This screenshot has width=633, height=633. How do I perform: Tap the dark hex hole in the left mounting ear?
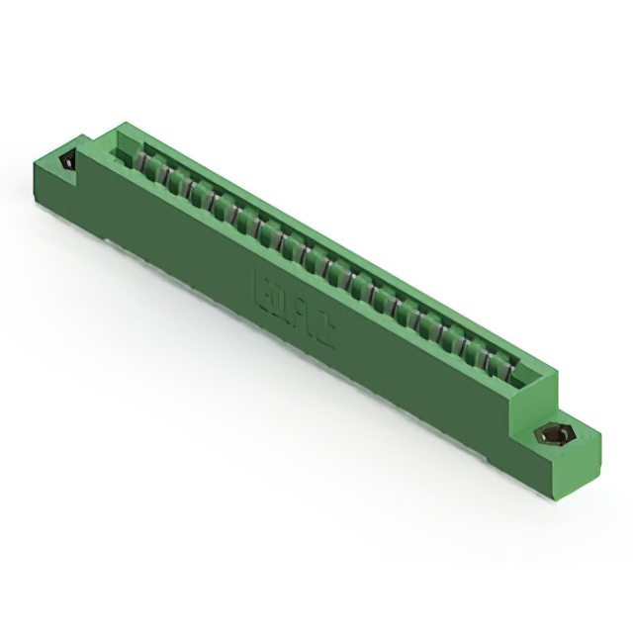coord(67,161)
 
